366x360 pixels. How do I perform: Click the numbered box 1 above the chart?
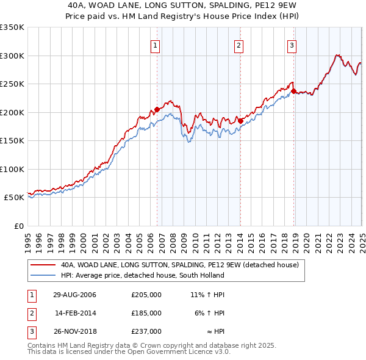[x=155, y=45]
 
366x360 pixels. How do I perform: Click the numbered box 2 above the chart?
[x=239, y=45]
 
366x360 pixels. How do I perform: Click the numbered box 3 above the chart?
[x=292, y=45]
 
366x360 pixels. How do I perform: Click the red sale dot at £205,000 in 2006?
[x=157, y=110]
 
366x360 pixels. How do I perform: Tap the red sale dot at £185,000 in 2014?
[x=240, y=121]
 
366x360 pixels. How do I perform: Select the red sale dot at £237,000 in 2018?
[x=293, y=92]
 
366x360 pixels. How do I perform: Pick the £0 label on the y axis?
[x=18, y=226]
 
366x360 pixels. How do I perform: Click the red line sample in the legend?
[x=43, y=265]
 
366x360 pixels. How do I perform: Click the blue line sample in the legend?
[x=43, y=275]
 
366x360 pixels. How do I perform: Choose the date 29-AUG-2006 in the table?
[x=75, y=295]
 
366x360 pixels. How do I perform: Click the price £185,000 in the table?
[x=146, y=313]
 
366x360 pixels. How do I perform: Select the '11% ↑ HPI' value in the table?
[x=208, y=295]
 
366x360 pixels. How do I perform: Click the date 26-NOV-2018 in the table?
[x=75, y=331]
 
